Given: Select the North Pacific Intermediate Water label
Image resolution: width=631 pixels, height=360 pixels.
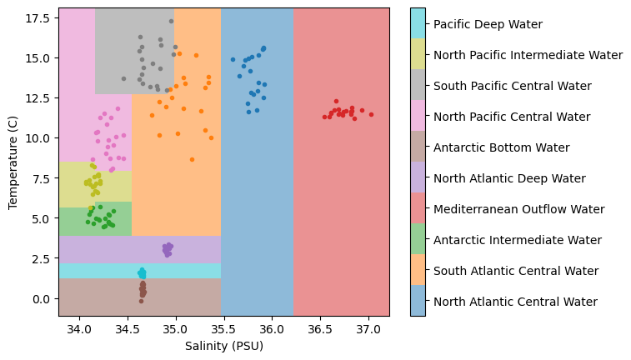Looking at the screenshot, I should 528,55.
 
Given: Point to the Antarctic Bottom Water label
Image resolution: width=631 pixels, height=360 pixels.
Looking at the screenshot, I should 500,147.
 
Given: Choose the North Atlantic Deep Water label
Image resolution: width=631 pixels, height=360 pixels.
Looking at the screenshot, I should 508,178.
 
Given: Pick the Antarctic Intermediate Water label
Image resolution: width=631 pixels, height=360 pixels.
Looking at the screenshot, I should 518,240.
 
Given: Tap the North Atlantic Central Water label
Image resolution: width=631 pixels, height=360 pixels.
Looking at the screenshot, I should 514,302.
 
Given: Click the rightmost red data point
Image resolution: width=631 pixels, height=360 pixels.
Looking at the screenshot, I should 371,114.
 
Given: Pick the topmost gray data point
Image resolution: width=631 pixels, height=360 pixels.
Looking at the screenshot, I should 171,22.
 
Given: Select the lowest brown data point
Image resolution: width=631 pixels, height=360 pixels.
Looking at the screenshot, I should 141,301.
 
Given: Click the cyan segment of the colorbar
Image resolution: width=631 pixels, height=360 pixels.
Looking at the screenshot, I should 418,24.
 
